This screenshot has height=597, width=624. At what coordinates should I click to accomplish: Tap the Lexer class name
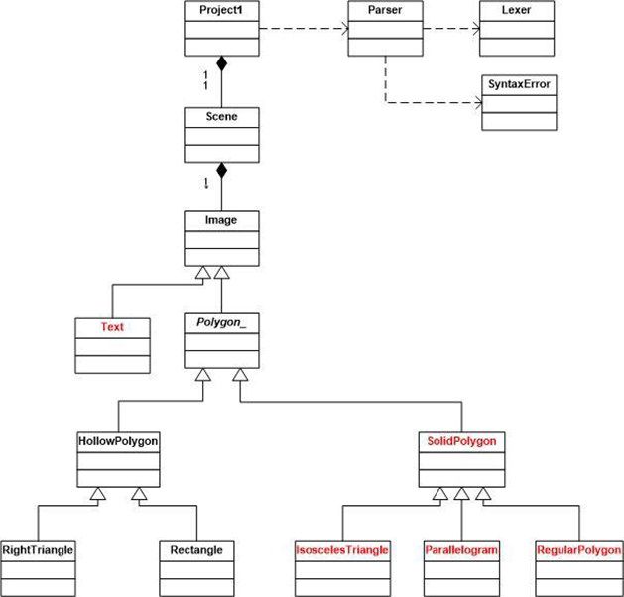(516, 11)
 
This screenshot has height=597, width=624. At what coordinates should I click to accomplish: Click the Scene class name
(222, 116)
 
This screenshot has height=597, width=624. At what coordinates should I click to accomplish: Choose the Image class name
(222, 219)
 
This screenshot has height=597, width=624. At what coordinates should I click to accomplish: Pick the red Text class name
(112, 326)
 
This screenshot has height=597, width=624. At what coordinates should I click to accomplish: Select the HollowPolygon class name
(118, 439)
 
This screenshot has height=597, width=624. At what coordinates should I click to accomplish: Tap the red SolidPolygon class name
(461, 439)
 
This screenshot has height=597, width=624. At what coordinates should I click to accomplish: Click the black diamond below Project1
(222, 64)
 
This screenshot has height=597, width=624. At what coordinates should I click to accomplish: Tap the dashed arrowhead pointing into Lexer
(474, 29)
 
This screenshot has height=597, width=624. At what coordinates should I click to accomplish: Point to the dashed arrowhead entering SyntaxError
(474, 102)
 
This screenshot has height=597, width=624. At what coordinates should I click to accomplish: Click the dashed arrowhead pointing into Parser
(343, 29)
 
